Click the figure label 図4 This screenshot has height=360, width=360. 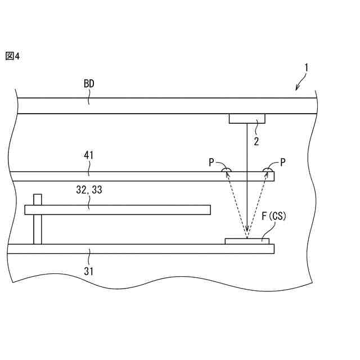tap(12, 56)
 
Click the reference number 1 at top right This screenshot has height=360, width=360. tap(306, 68)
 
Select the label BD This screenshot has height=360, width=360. tap(89, 84)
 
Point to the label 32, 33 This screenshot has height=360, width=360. tap(89, 191)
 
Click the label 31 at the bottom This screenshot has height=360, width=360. tap(88, 271)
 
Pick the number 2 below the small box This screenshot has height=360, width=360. tap(256, 142)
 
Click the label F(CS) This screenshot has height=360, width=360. tap(274, 216)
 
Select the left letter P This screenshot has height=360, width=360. tap(211, 162)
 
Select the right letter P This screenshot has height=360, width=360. tap(283, 162)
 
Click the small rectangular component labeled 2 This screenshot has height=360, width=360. tap(247, 119)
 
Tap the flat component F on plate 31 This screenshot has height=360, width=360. tap(247, 241)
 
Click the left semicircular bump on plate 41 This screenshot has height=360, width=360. tap(227, 170)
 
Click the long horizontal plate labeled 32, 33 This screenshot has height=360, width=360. tap(118, 210)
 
